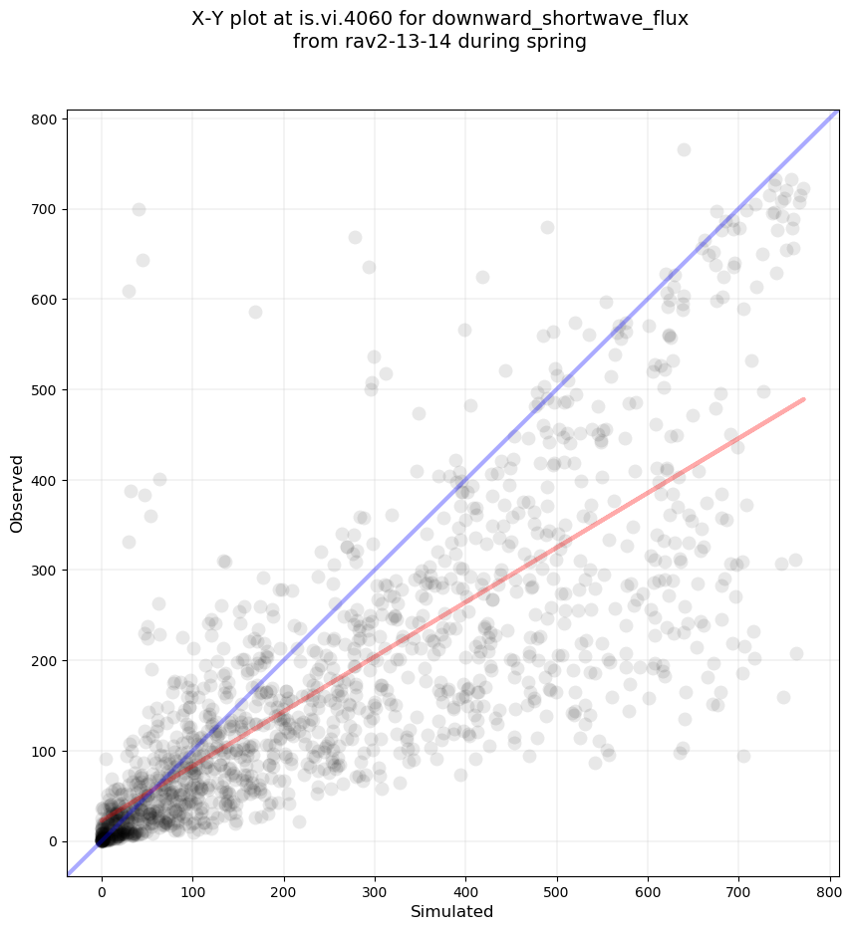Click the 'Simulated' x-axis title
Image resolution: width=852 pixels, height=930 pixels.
pyautogui.click(x=452, y=911)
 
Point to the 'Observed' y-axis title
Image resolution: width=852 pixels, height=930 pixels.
pyautogui.click(x=17, y=493)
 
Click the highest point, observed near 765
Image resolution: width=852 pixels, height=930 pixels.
pyautogui.click(x=684, y=149)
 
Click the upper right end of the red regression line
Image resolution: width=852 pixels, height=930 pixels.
pyautogui.click(x=803, y=399)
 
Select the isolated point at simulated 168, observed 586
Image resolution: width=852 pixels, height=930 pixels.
pyautogui.click(x=255, y=312)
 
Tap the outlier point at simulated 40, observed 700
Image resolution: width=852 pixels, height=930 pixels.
pyautogui.click(x=139, y=209)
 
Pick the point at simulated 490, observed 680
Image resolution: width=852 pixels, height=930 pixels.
pyautogui.click(x=547, y=227)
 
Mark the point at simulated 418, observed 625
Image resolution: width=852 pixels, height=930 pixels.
pyautogui.click(x=482, y=277)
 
